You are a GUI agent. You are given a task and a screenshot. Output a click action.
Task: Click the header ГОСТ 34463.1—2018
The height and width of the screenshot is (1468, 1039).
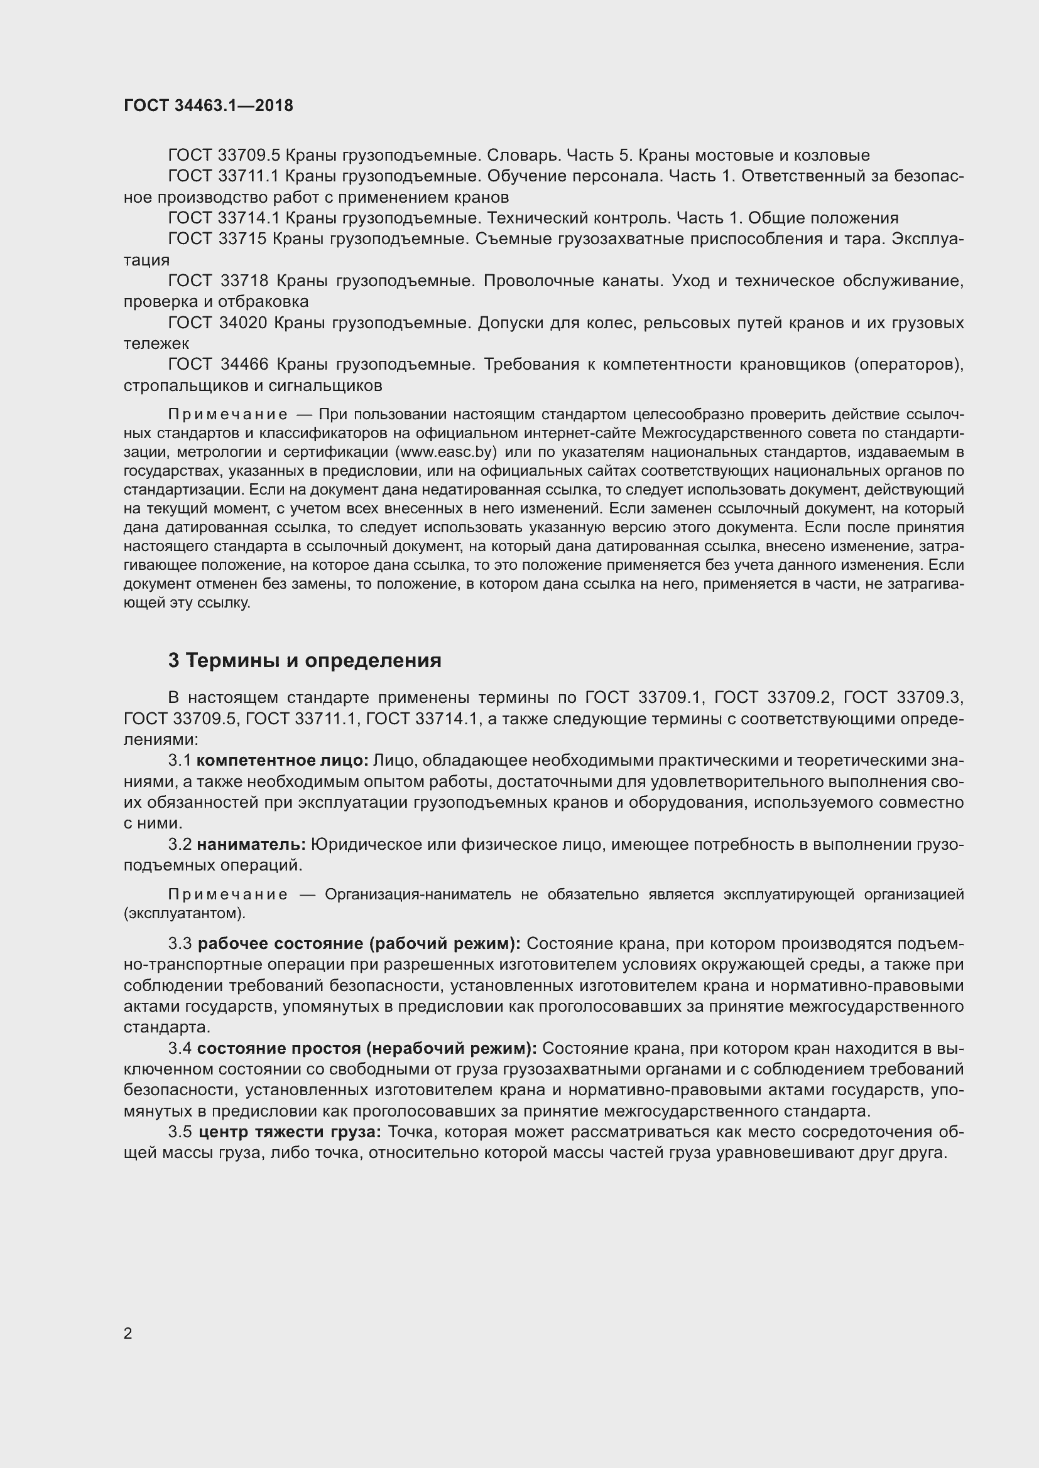point(209,105)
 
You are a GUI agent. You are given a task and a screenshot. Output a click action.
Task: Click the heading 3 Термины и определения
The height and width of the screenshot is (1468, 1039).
point(305,660)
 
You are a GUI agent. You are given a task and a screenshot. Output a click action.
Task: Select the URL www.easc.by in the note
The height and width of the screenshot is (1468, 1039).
point(447,452)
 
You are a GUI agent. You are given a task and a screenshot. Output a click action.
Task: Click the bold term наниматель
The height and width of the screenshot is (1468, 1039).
point(251,845)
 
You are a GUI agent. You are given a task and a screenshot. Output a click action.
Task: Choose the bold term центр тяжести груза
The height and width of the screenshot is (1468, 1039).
point(290,1132)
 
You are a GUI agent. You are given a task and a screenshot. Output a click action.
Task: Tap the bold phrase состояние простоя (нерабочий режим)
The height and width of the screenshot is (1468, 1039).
point(367,1049)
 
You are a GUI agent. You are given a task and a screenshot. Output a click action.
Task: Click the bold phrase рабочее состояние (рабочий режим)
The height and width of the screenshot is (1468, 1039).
point(359,944)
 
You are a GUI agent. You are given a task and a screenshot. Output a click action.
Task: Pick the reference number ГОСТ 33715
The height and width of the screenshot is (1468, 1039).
point(217,239)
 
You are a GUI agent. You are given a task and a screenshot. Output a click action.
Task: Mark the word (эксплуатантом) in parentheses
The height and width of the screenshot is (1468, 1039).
point(185,913)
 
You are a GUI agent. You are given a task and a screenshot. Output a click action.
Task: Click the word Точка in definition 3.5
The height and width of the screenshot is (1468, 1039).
point(412,1132)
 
